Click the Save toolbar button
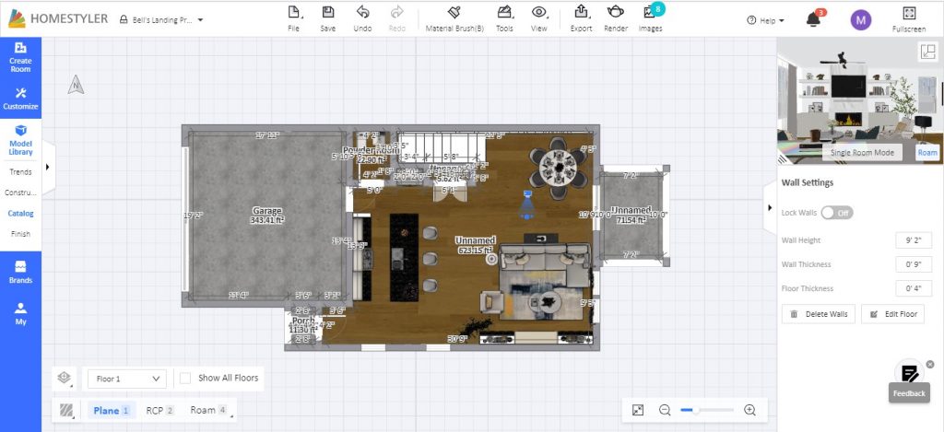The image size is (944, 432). click(328, 18)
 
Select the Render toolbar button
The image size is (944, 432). click(616, 18)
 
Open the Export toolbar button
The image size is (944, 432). click(581, 18)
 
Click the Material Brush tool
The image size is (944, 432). click(454, 18)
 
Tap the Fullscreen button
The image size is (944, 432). click(908, 18)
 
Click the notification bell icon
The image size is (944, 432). click(813, 19)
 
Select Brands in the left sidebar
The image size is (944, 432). click(20, 272)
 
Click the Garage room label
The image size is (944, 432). click(267, 211)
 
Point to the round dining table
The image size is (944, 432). click(558, 166)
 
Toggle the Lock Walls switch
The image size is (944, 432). click(837, 213)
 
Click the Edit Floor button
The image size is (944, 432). click(891, 314)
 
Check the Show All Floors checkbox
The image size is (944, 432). click(185, 378)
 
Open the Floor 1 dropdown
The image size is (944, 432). click(127, 379)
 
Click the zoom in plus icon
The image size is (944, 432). click(749, 410)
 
